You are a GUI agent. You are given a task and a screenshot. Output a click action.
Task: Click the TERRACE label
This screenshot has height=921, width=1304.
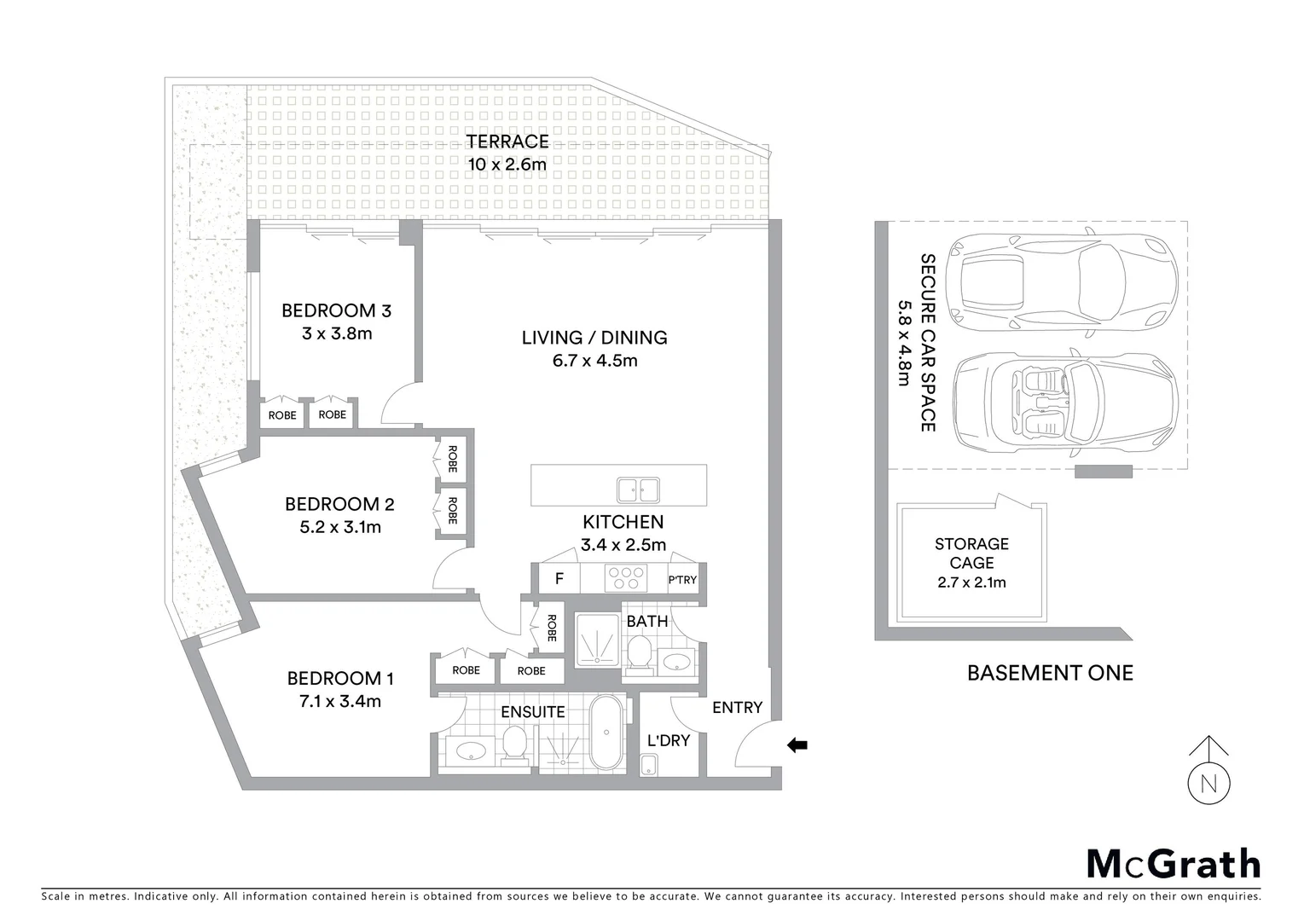[507, 142]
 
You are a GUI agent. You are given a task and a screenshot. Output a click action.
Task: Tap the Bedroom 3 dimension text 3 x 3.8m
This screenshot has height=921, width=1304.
[337, 333]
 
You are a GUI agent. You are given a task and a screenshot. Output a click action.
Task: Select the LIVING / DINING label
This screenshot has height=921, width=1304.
[594, 338]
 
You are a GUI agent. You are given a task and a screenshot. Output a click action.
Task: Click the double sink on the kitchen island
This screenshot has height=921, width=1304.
[638, 489]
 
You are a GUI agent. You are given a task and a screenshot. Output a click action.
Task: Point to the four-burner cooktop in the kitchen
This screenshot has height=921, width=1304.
[625, 579]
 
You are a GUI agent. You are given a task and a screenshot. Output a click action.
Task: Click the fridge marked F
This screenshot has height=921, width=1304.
[559, 579]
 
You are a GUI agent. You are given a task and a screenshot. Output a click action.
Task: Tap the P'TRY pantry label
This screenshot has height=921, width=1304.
[682, 580]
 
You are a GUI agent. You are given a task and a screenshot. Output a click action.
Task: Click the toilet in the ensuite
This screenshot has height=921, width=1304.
[513, 743]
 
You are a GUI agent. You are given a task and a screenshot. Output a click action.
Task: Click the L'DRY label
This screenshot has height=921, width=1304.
[668, 740]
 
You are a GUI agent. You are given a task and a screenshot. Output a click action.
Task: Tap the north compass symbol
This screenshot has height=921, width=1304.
[1208, 781]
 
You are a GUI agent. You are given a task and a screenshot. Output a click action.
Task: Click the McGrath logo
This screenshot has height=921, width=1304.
[1174, 864]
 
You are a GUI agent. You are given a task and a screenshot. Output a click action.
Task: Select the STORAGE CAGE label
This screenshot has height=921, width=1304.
[971, 553]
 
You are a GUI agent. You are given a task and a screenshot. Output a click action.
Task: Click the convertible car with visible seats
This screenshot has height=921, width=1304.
[1065, 401]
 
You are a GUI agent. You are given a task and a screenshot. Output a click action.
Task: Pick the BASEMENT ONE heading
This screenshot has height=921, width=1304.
[1050, 673]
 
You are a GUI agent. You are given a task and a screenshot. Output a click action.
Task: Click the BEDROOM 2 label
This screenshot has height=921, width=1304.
[339, 504]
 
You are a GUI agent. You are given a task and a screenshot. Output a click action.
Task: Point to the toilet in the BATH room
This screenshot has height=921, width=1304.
[640, 657]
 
